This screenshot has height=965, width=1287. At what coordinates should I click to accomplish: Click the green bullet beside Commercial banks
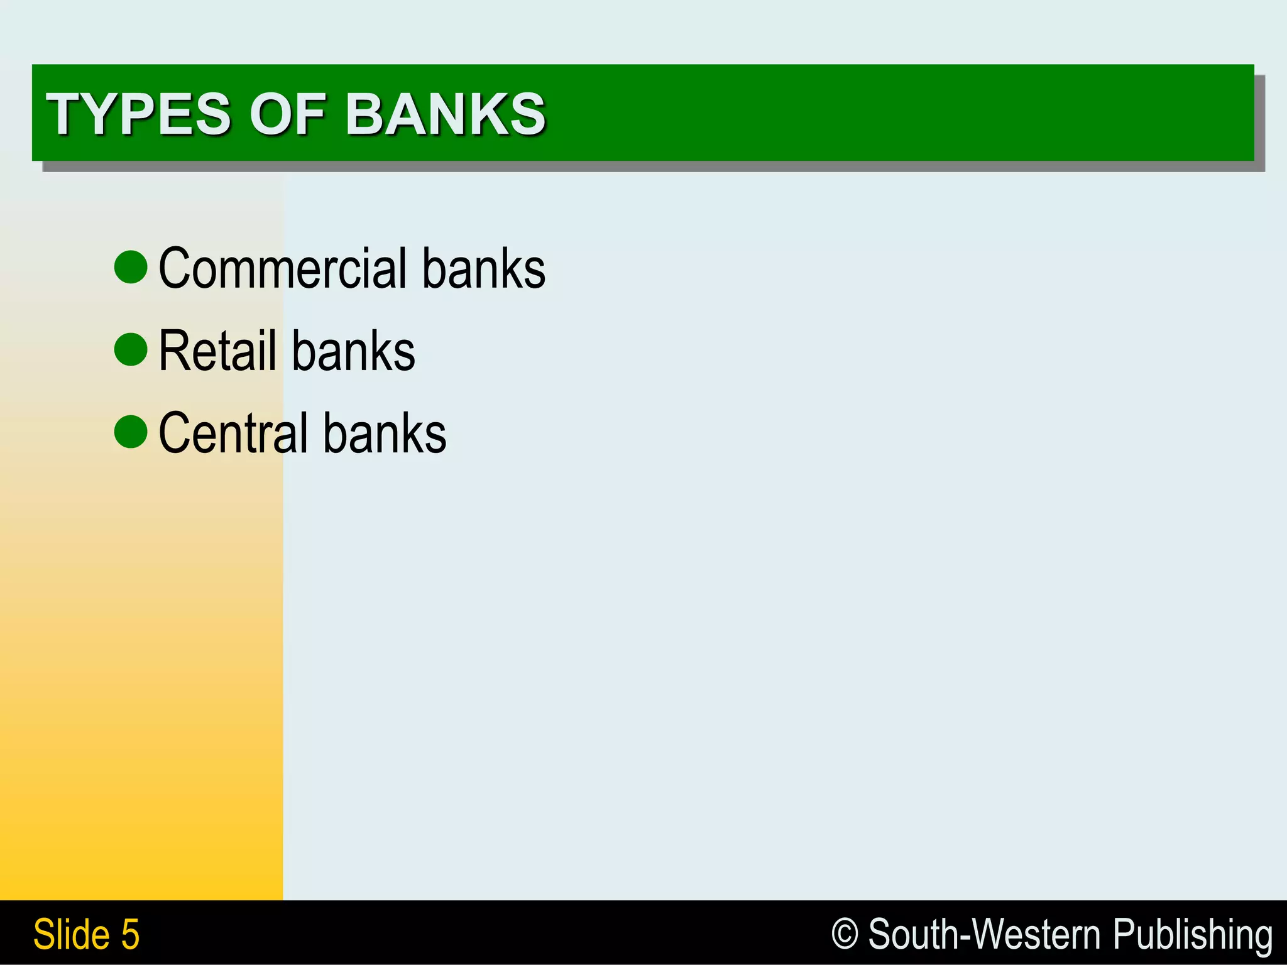[131, 267]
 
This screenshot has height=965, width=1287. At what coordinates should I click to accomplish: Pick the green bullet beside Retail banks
[131, 349]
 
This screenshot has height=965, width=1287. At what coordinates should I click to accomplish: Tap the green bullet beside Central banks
[131, 432]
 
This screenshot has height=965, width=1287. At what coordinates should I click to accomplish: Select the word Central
[233, 433]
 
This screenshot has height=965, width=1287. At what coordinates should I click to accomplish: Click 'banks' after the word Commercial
[483, 269]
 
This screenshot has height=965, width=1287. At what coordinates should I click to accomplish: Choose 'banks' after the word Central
[385, 433]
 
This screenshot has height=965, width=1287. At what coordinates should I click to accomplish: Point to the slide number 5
[130, 935]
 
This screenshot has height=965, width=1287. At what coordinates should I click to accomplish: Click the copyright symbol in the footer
[845, 934]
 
